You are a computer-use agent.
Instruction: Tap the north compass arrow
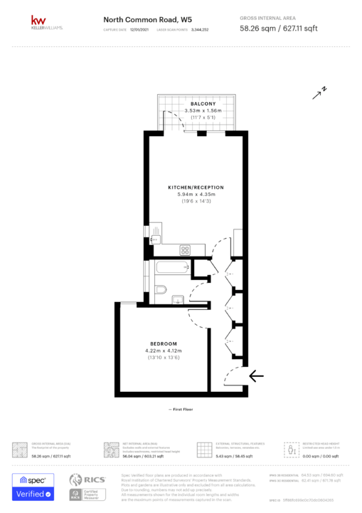[x=319, y=92]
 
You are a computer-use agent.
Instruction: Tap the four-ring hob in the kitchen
[x=186, y=249]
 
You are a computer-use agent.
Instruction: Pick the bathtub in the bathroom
[x=171, y=269]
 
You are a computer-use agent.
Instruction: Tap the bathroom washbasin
[x=178, y=299]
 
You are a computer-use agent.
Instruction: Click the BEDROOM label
[x=164, y=343]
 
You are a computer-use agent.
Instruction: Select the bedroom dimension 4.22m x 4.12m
[x=164, y=351]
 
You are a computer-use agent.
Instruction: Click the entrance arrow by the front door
[x=256, y=375]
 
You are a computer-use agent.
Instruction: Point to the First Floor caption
[x=181, y=410]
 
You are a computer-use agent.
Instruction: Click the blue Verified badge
[x=32, y=494]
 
